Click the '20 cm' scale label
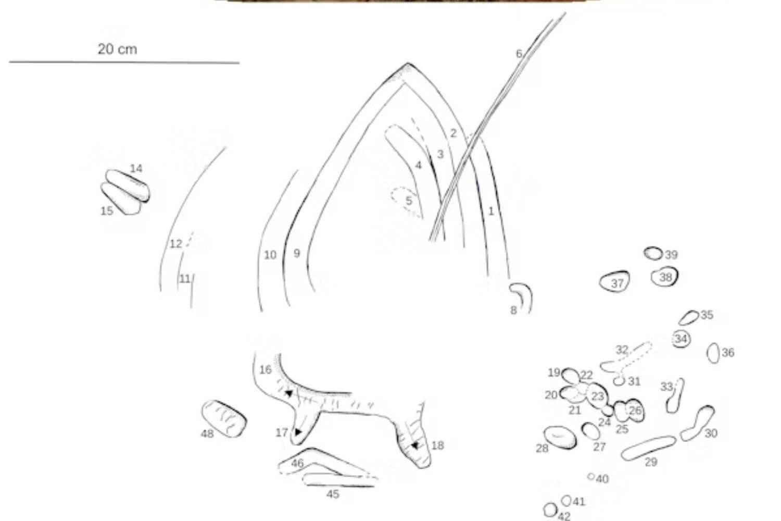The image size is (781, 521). [x=117, y=49]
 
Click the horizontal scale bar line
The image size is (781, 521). [x=124, y=63]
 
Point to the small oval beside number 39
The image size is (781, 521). [x=653, y=254]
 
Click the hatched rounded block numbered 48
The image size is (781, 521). [x=224, y=419]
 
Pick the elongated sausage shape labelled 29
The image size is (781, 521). [x=648, y=448]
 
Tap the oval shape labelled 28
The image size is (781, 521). [x=560, y=438]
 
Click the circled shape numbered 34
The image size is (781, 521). [x=681, y=339]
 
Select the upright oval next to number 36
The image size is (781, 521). [x=713, y=353]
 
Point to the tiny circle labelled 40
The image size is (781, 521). [x=591, y=476]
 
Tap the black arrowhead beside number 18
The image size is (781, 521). [x=414, y=445]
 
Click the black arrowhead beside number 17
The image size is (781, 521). [x=298, y=432]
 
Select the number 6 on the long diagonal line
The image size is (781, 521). [x=519, y=54]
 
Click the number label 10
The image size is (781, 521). [x=270, y=255]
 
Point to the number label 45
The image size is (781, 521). [x=333, y=494]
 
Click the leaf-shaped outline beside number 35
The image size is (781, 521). [x=689, y=318]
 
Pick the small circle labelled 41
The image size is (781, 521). [x=566, y=501]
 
